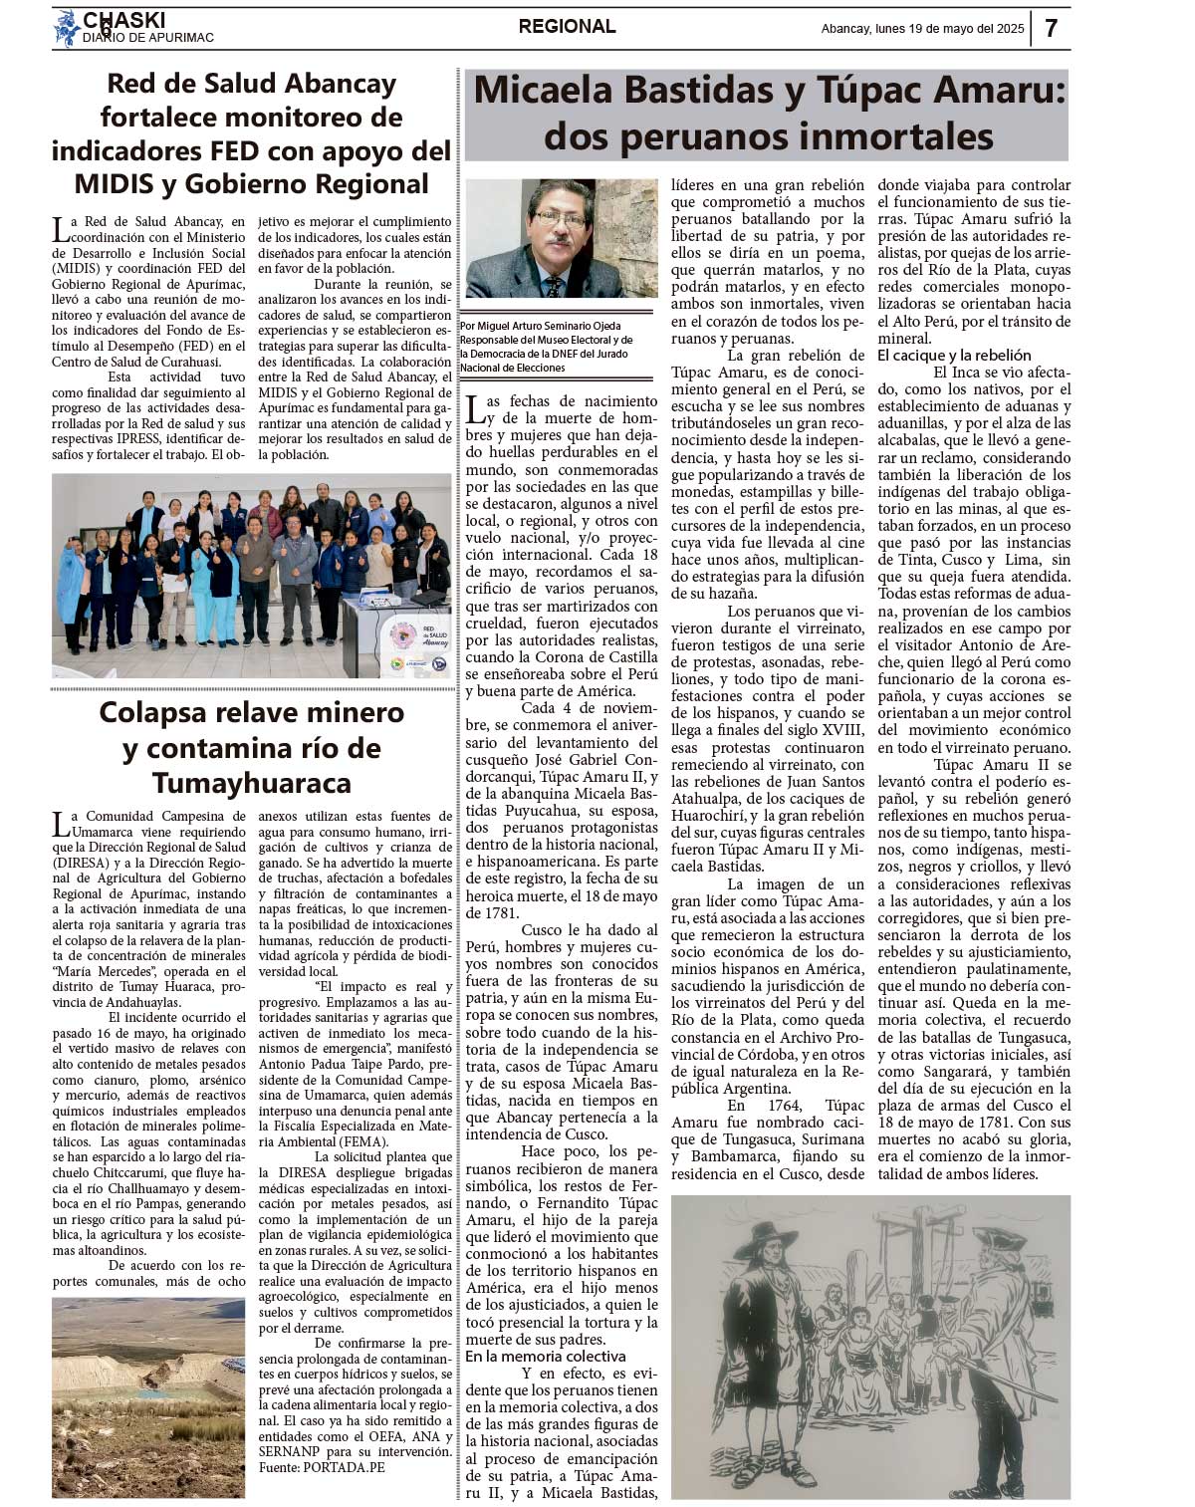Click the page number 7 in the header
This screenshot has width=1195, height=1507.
[1052, 28]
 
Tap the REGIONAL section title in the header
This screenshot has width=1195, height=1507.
[567, 27]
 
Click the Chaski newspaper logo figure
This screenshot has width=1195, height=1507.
[66, 28]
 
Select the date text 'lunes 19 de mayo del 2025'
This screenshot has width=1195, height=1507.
[948, 29]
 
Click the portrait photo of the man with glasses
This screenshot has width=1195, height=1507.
[561, 239]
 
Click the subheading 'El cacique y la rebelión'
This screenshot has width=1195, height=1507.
[953, 356]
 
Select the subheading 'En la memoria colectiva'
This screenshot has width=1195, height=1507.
[545, 1357]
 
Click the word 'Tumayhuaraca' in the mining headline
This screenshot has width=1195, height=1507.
[251, 783]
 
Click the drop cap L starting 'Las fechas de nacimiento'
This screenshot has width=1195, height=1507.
[477, 407]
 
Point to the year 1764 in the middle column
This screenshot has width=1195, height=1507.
[750, 1106]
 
